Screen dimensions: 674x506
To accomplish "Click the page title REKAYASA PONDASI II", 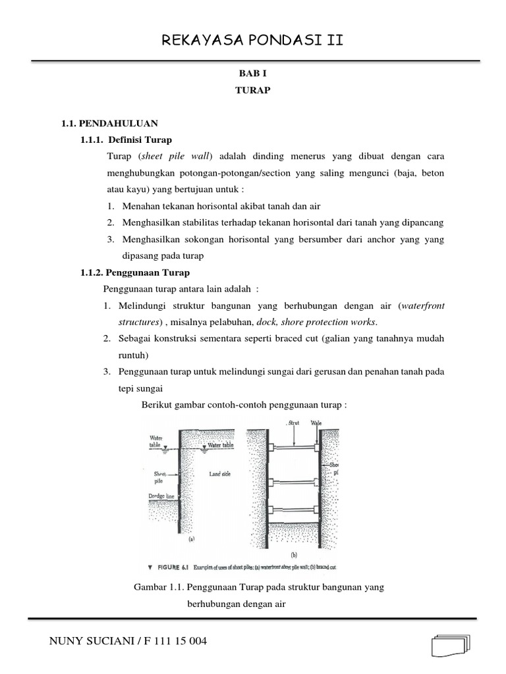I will pos(252,42).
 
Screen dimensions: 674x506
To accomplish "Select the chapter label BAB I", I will pos(252,76).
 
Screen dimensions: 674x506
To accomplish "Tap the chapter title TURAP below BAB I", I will pos(252,91).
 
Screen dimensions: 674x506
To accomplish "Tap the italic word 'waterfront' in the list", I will pos(422,305).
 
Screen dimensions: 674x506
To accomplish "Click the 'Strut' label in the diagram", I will pos(295,423).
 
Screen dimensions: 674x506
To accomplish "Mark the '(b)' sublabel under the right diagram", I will pos(295,554).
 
